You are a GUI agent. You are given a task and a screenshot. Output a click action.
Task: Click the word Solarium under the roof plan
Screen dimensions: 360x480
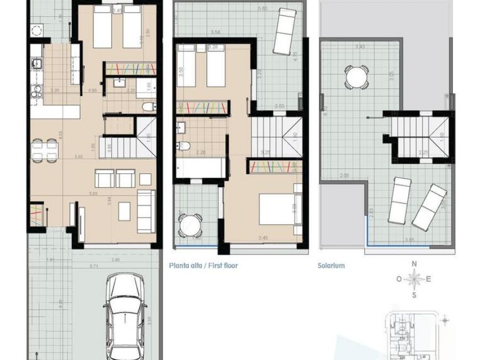point(331,266)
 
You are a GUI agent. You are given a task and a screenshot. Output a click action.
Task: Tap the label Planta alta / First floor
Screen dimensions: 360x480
point(204,266)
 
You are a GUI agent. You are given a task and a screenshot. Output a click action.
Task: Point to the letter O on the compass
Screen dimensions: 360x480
point(398,279)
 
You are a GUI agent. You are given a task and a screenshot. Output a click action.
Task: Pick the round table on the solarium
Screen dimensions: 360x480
point(356,78)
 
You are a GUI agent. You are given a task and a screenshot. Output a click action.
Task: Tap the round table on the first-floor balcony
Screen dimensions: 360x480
point(190,225)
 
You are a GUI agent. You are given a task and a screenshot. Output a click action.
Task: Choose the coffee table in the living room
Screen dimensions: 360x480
point(124,210)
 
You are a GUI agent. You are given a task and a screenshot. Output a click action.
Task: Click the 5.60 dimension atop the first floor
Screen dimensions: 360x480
point(263,9)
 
